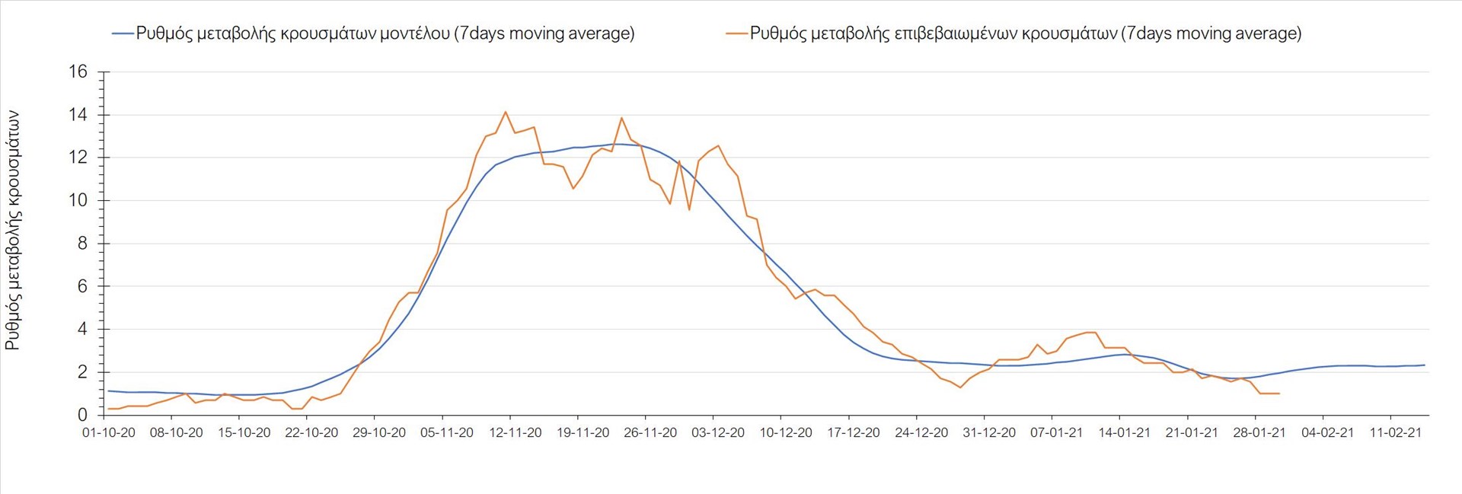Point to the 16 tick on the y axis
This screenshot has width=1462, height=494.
click(78, 72)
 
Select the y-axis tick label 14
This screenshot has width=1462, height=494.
click(78, 115)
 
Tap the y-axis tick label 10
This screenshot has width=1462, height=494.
click(78, 201)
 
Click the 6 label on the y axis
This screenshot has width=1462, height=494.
click(82, 287)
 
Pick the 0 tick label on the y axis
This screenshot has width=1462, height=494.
click(82, 416)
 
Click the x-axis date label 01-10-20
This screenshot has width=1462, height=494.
click(109, 433)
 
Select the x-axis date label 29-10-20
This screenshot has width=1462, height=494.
click(379, 433)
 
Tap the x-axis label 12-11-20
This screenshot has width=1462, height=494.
click(515, 433)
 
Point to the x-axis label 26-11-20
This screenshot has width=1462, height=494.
click(650, 433)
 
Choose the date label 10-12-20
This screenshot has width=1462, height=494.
click(786, 433)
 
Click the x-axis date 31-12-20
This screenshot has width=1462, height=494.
click(989, 433)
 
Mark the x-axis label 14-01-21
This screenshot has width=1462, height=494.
click(1124, 433)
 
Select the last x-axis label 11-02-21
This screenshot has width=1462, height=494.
click(1395, 433)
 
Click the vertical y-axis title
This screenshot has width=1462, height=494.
click(13, 230)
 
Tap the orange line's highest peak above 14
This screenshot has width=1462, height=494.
click(506, 112)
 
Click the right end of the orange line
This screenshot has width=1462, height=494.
click(1279, 394)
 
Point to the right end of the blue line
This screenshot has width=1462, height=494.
click(1424, 365)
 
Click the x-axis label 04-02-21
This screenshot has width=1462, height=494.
click(1327, 433)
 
